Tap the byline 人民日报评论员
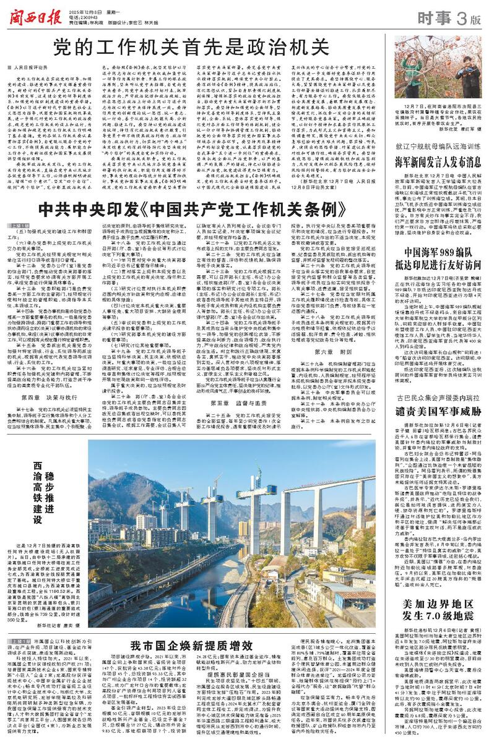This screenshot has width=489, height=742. pos(31,66)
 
